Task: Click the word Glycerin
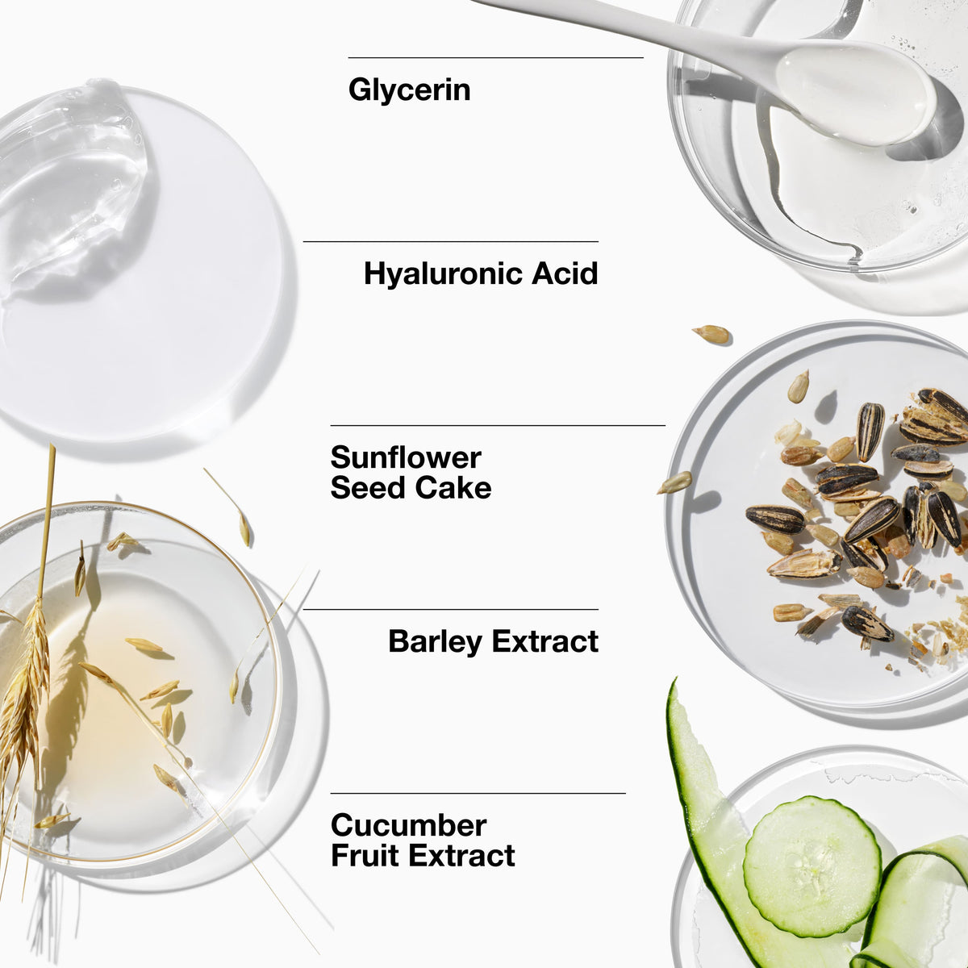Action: pyautogui.click(x=409, y=91)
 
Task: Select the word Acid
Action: pyautogui.click(x=565, y=273)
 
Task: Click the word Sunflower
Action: pyautogui.click(x=406, y=457)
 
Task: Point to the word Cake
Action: pyautogui.click(x=453, y=488)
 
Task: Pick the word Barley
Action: pyautogui.click(x=435, y=642)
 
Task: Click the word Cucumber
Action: pyautogui.click(x=408, y=825)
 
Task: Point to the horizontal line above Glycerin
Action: pyautogui.click(x=496, y=58)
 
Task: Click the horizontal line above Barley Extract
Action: pyautogui.click(x=451, y=609)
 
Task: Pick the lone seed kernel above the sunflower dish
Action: pyautogui.click(x=711, y=334)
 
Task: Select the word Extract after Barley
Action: pyautogui.click(x=545, y=641)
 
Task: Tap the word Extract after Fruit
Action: pyautogui.click(x=461, y=856)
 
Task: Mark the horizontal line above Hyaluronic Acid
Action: pyautogui.click(x=451, y=242)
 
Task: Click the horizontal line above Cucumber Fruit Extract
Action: pyautogui.click(x=478, y=793)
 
